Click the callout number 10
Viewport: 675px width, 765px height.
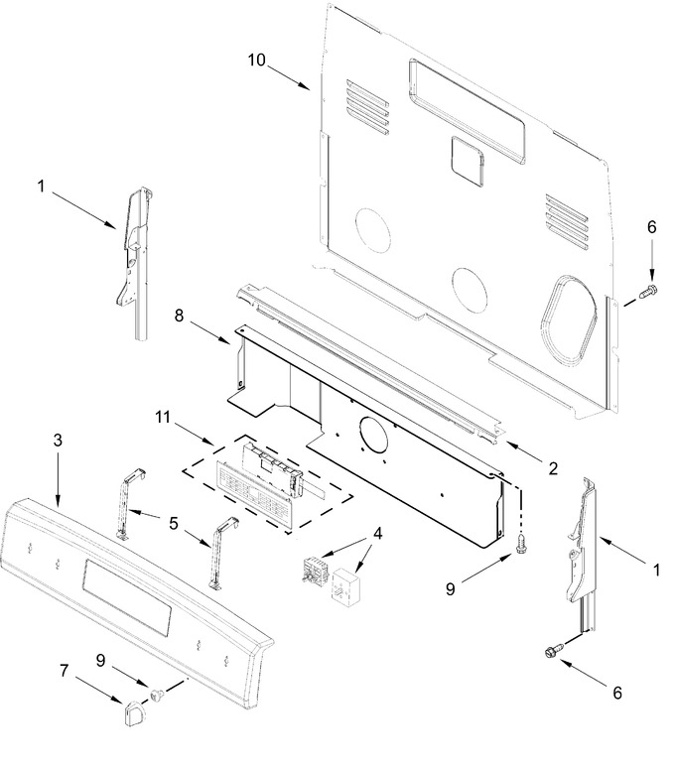pos(257,60)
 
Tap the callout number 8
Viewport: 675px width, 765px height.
pos(179,316)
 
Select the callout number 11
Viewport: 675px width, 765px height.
pos(163,417)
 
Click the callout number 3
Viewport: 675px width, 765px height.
pos(58,441)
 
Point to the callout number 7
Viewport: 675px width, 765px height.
pos(64,671)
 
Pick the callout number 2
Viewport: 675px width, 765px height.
pos(553,468)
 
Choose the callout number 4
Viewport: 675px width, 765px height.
pos(377,533)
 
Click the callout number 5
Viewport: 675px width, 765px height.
pos(174,524)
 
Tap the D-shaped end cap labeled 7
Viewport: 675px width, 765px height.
pos(132,711)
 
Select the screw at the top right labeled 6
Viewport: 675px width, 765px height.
pos(647,291)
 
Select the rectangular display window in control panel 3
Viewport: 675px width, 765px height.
pos(127,597)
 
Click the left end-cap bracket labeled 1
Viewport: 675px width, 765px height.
pos(134,263)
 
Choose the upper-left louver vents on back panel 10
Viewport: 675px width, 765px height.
pos(368,108)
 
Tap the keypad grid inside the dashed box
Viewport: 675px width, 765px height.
pos(254,495)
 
